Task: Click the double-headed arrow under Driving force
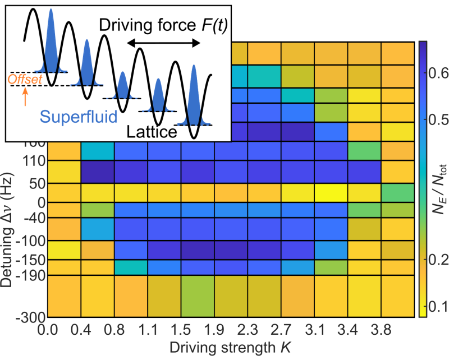[162, 43]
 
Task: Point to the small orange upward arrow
[25, 98]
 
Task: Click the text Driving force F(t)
[163, 25]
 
